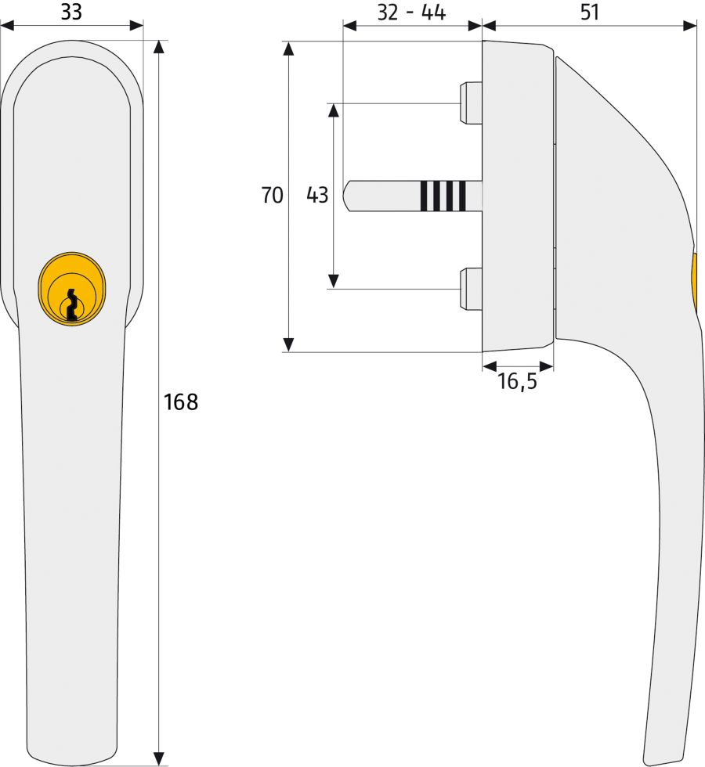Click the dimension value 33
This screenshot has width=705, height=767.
coord(71,12)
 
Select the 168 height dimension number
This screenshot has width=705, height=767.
coord(181,402)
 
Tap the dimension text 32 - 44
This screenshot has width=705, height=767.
coord(411,13)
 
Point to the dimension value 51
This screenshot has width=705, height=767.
coord(589,12)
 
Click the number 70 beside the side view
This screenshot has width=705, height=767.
coord(273,195)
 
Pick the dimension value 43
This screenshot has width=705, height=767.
coord(317,195)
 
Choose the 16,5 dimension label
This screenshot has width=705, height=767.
coord(517,381)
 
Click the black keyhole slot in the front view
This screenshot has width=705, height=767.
coord(72,305)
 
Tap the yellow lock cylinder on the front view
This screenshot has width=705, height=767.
coord(71,289)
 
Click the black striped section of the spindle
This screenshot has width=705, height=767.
coord(443,196)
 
